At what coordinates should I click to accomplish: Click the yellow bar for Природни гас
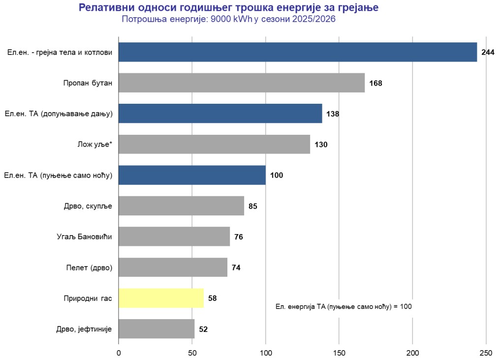[x=161, y=298]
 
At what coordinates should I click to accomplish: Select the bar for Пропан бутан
[x=242, y=83]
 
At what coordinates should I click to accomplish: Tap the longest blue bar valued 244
[x=298, y=52]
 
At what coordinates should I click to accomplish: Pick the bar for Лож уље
[x=214, y=145]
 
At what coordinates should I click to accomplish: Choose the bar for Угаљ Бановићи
[x=174, y=237]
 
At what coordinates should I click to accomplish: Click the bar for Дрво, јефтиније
[x=157, y=329]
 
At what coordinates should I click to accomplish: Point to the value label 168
[x=376, y=83]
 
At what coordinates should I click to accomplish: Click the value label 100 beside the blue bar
[x=277, y=175]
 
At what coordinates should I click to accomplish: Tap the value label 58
[x=212, y=298]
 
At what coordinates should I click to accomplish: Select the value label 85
[x=253, y=206]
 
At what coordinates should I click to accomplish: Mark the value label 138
[x=333, y=114]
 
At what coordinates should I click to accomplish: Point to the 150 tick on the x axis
[x=339, y=352]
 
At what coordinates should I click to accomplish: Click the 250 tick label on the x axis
[x=486, y=352]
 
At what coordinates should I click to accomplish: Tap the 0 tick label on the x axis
[x=119, y=352]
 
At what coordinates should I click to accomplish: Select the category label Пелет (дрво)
[x=89, y=268]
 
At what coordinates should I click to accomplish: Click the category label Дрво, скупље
[x=88, y=206]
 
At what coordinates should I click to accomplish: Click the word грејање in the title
[x=356, y=8]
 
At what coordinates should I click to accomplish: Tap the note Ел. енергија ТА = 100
[x=344, y=306]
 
